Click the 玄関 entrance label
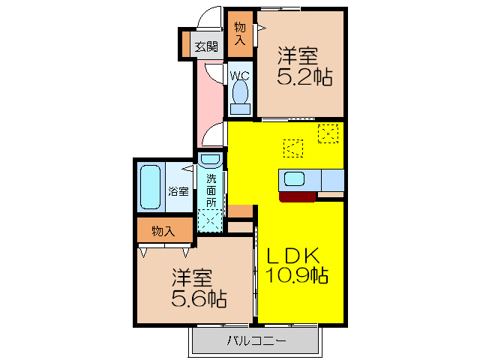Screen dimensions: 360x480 206,46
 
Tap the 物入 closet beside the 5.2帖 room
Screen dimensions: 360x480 240,34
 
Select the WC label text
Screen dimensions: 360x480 240,76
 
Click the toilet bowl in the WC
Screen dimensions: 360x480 240,94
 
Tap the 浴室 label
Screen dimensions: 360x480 178,190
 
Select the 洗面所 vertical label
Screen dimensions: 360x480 211,190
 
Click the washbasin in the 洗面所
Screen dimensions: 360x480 211,160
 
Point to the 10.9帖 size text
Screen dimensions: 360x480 297,275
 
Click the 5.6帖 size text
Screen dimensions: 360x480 199,299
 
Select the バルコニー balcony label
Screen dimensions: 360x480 256,342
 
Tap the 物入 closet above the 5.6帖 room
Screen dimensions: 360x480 163,231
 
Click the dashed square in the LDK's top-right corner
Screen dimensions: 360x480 328,133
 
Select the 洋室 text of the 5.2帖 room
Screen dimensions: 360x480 298,55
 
